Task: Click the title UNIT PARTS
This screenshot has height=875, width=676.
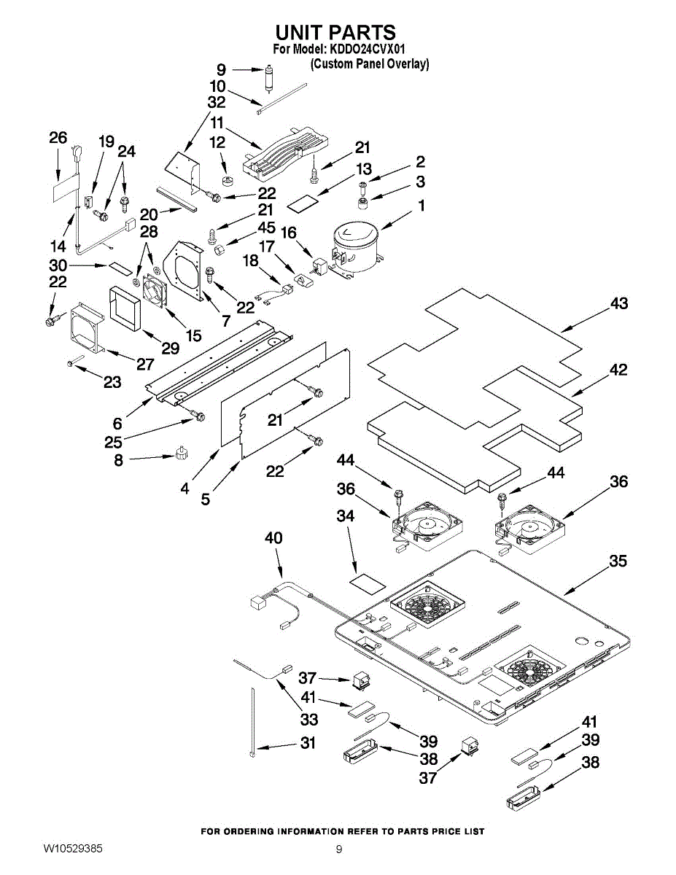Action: pyautogui.click(x=335, y=32)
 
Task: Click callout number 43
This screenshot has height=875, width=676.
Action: pyautogui.click(x=618, y=303)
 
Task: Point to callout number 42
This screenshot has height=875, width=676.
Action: pyautogui.click(x=618, y=370)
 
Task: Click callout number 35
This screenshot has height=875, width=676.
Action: pyautogui.click(x=618, y=562)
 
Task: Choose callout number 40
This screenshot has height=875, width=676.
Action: pyautogui.click(x=273, y=538)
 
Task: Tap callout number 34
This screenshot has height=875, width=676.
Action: pyautogui.click(x=345, y=516)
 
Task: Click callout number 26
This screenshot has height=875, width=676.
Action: pyautogui.click(x=58, y=137)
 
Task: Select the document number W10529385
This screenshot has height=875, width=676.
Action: pyautogui.click(x=72, y=849)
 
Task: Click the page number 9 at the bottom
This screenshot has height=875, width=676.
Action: pyautogui.click(x=339, y=849)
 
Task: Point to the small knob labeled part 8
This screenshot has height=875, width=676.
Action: pyautogui.click(x=182, y=454)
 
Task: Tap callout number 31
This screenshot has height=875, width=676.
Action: pyautogui.click(x=309, y=744)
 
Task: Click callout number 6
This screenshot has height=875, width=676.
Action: pyautogui.click(x=117, y=424)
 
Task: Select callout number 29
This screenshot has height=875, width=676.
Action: pyautogui.click(x=170, y=349)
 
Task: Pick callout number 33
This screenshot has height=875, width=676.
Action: pyautogui.click(x=309, y=720)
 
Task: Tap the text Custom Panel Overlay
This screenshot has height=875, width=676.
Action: pyautogui.click(x=370, y=64)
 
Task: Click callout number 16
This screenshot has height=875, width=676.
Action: pyautogui.click(x=289, y=233)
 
